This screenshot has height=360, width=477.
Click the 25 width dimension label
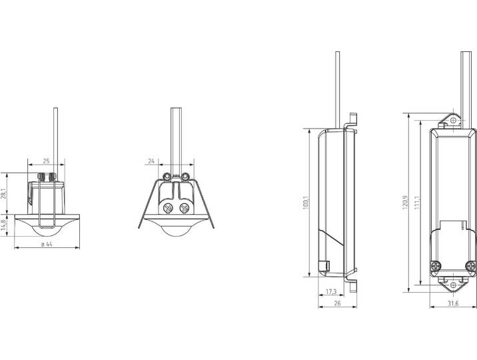(46, 161)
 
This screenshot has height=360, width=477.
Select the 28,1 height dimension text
(3, 193)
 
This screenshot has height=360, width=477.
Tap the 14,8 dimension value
(3, 225)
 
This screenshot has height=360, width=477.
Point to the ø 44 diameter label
(47, 244)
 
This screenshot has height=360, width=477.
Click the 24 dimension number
(151, 161)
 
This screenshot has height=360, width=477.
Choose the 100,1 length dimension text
(306, 203)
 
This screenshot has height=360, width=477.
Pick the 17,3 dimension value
(331, 291)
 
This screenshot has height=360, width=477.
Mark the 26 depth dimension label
(337, 303)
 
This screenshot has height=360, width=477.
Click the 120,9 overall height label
(405, 203)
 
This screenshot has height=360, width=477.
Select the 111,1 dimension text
(417, 203)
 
